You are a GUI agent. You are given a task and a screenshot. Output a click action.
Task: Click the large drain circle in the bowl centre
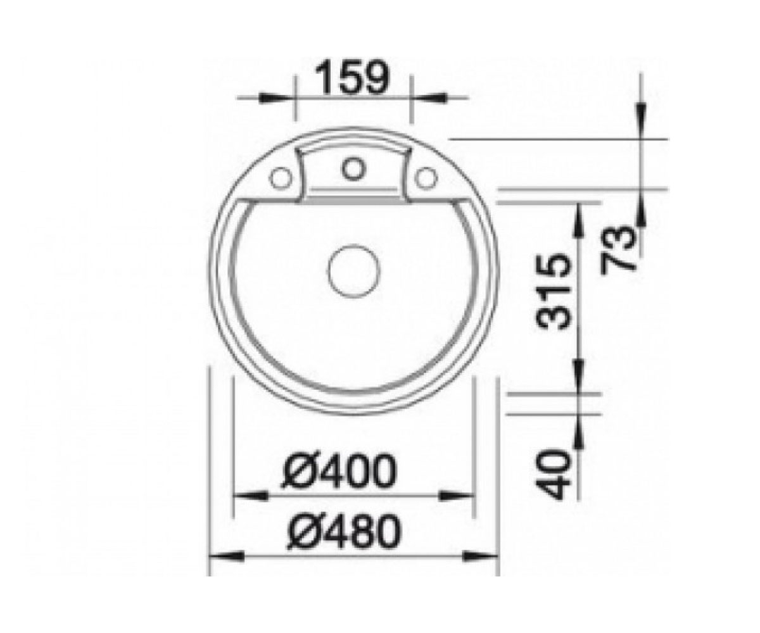(x=354, y=272)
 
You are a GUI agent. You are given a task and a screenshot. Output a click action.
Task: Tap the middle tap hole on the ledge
(x=353, y=169)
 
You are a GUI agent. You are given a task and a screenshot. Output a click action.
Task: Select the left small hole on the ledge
(x=281, y=179)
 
